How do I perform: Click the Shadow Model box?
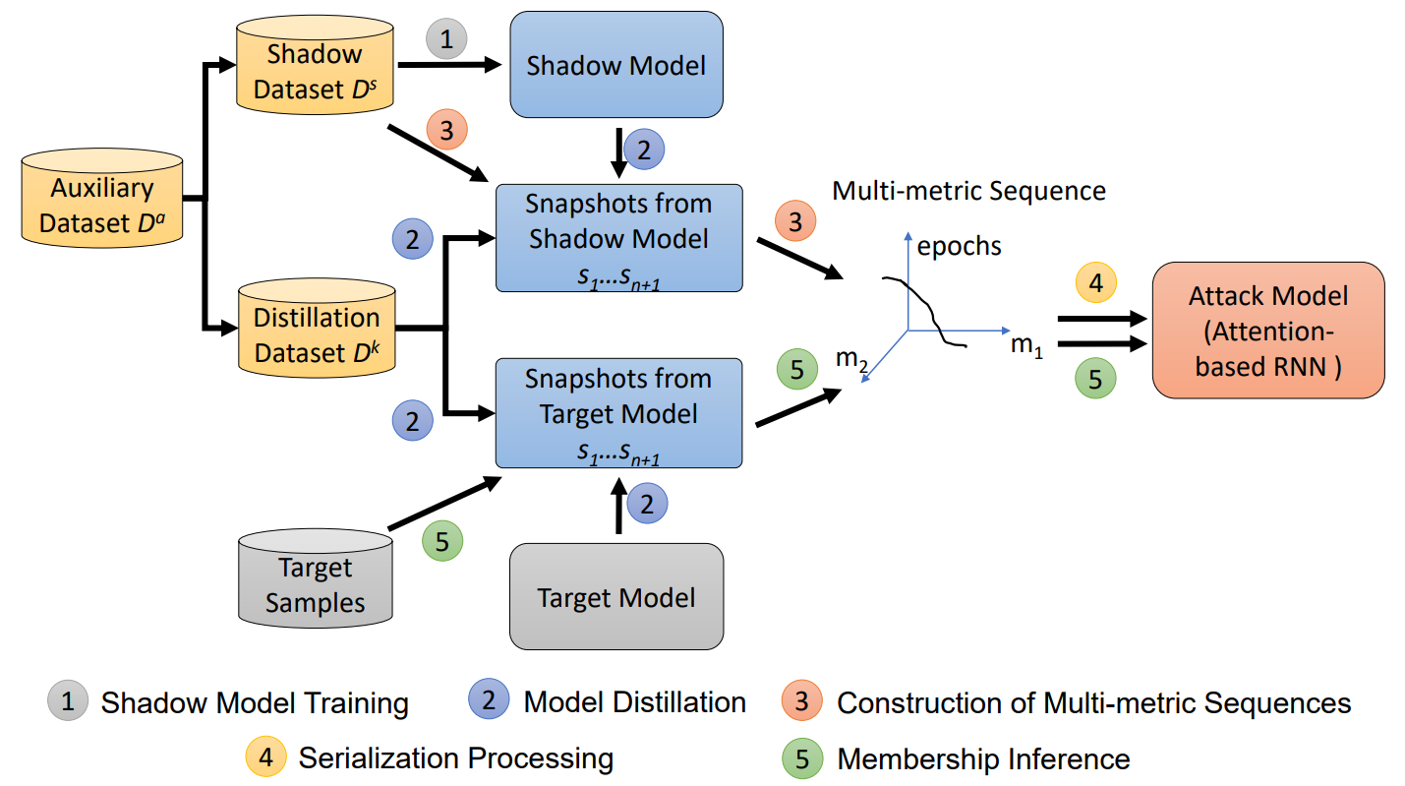(616, 66)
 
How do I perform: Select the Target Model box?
(616, 597)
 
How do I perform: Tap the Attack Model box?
(1268, 332)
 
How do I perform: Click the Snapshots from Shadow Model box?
(618, 238)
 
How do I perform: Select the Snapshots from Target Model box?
(618, 413)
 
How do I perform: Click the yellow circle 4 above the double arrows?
(1095, 284)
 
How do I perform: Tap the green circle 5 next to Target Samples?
(442, 540)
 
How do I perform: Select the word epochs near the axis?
(959, 245)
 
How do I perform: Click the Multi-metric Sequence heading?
(968, 191)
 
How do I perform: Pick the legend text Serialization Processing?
(455, 758)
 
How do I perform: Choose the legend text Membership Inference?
(983, 758)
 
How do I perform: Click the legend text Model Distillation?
(634, 702)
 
